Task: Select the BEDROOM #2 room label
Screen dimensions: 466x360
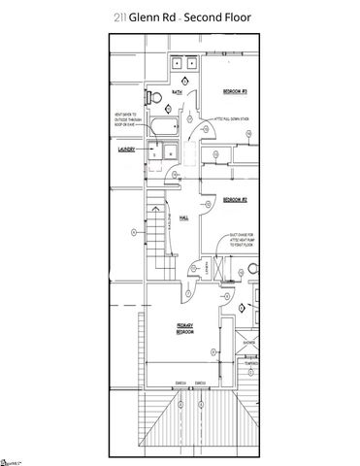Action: (236, 200)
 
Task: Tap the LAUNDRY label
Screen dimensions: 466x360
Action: (128, 150)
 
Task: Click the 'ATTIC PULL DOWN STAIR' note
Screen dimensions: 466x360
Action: (234, 119)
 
